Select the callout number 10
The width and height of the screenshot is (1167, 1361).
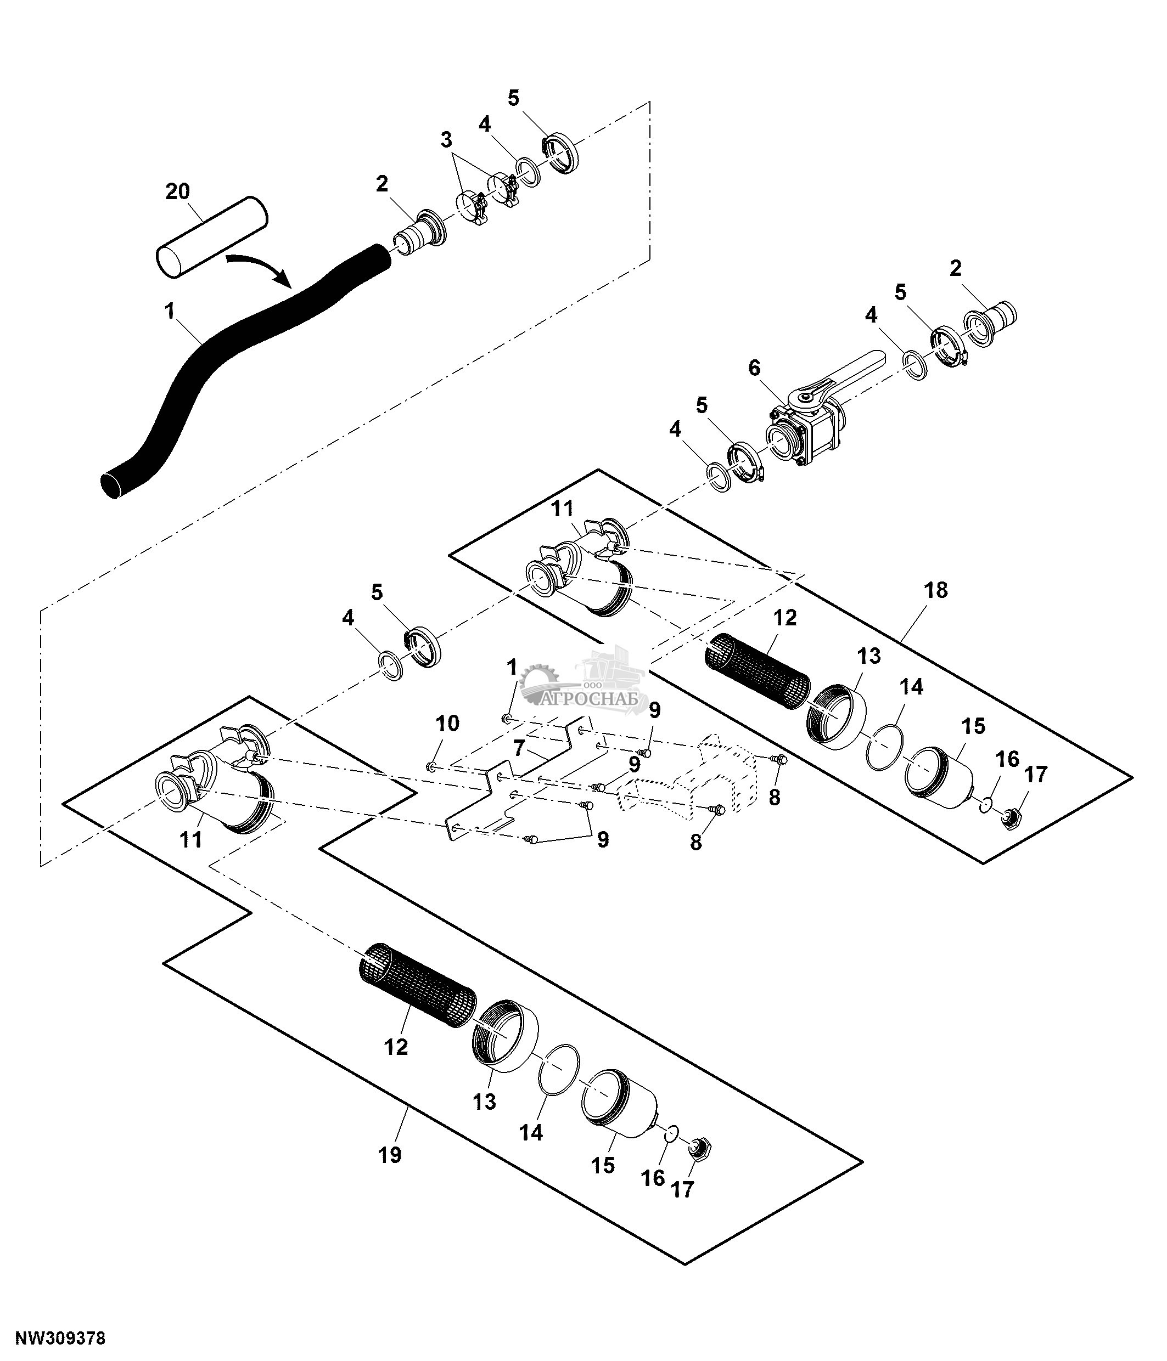coord(447,724)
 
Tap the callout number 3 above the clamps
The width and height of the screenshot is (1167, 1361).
coord(446,140)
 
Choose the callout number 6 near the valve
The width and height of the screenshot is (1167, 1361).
coord(754,368)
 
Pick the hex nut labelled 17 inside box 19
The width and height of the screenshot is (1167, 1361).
coord(698,1148)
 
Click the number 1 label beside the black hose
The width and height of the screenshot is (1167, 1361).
coord(170,310)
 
